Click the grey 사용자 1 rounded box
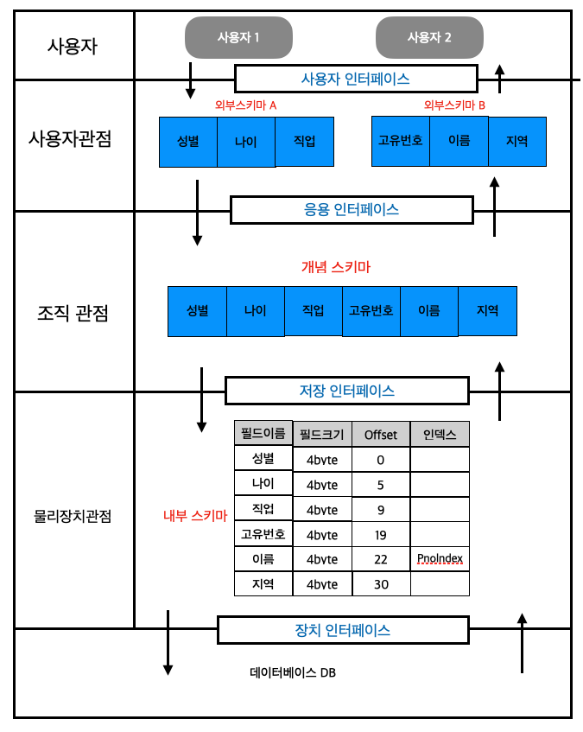click(x=239, y=38)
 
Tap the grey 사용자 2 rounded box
click(x=429, y=38)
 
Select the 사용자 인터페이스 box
click(x=356, y=79)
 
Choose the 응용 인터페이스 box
click(x=352, y=209)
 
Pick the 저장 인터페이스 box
click(x=346, y=391)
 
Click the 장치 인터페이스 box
click(x=343, y=630)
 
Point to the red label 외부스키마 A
click(x=246, y=105)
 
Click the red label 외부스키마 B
click(x=454, y=105)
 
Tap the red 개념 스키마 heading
click(x=336, y=268)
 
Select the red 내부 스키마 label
click(x=195, y=517)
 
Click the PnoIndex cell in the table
click(x=440, y=559)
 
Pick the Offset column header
click(x=381, y=434)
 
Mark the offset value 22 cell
click(x=381, y=559)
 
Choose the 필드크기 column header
click(x=322, y=434)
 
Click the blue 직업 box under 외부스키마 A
click(x=305, y=141)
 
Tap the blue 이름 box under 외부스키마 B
click(x=459, y=140)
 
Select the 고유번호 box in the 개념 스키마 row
click(x=371, y=310)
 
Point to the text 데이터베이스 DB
click(x=293, y=672)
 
